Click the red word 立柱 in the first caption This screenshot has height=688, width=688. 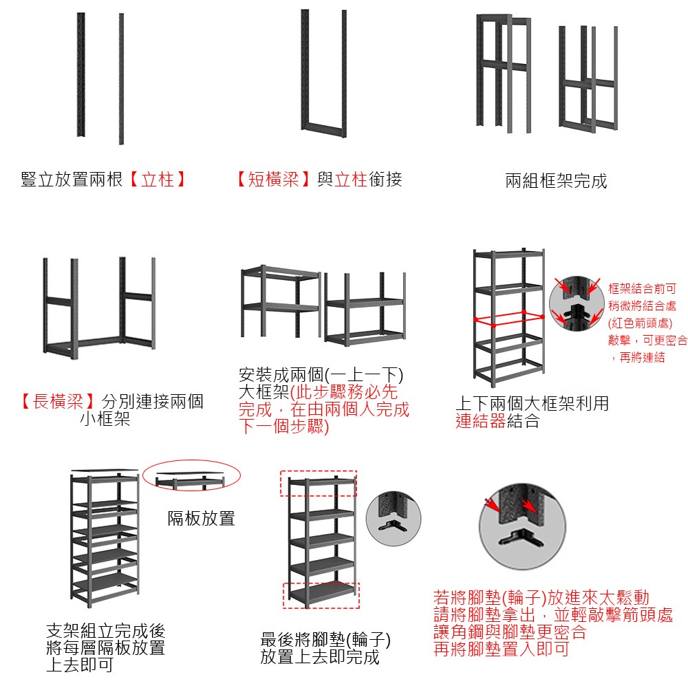click(x=158, y=180)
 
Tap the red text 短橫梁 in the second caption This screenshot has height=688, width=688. click(x=273, y=180)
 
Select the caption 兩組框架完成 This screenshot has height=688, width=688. click(x=556, y=181)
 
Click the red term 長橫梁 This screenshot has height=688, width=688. click(x=58, y=401)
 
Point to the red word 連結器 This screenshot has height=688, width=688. click(x=481, y=421)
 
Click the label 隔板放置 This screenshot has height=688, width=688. click(x=202, y=518)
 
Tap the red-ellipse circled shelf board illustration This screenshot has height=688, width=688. click(x=192, y=475)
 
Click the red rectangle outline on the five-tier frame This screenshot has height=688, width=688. click(x=510, y=319)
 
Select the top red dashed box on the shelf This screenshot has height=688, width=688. click(x=319, y=484)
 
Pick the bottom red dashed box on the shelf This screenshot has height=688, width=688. click(x=321, y=595)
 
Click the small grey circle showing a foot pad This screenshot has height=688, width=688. click(x=393, y=519)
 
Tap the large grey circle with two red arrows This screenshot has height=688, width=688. click(x=522, y=526)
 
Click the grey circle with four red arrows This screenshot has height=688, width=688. click(x=577, y=303)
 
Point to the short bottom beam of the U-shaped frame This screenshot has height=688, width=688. click(x=324, y=130)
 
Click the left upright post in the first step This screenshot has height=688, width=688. click(x=80, y=74)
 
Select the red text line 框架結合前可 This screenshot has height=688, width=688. click(x=642, y=288)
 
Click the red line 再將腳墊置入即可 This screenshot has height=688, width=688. click(x=501, y=649)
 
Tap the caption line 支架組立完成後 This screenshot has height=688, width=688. click(x=106, y=630)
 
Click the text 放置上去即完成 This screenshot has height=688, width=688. click(x=320, y=657)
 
